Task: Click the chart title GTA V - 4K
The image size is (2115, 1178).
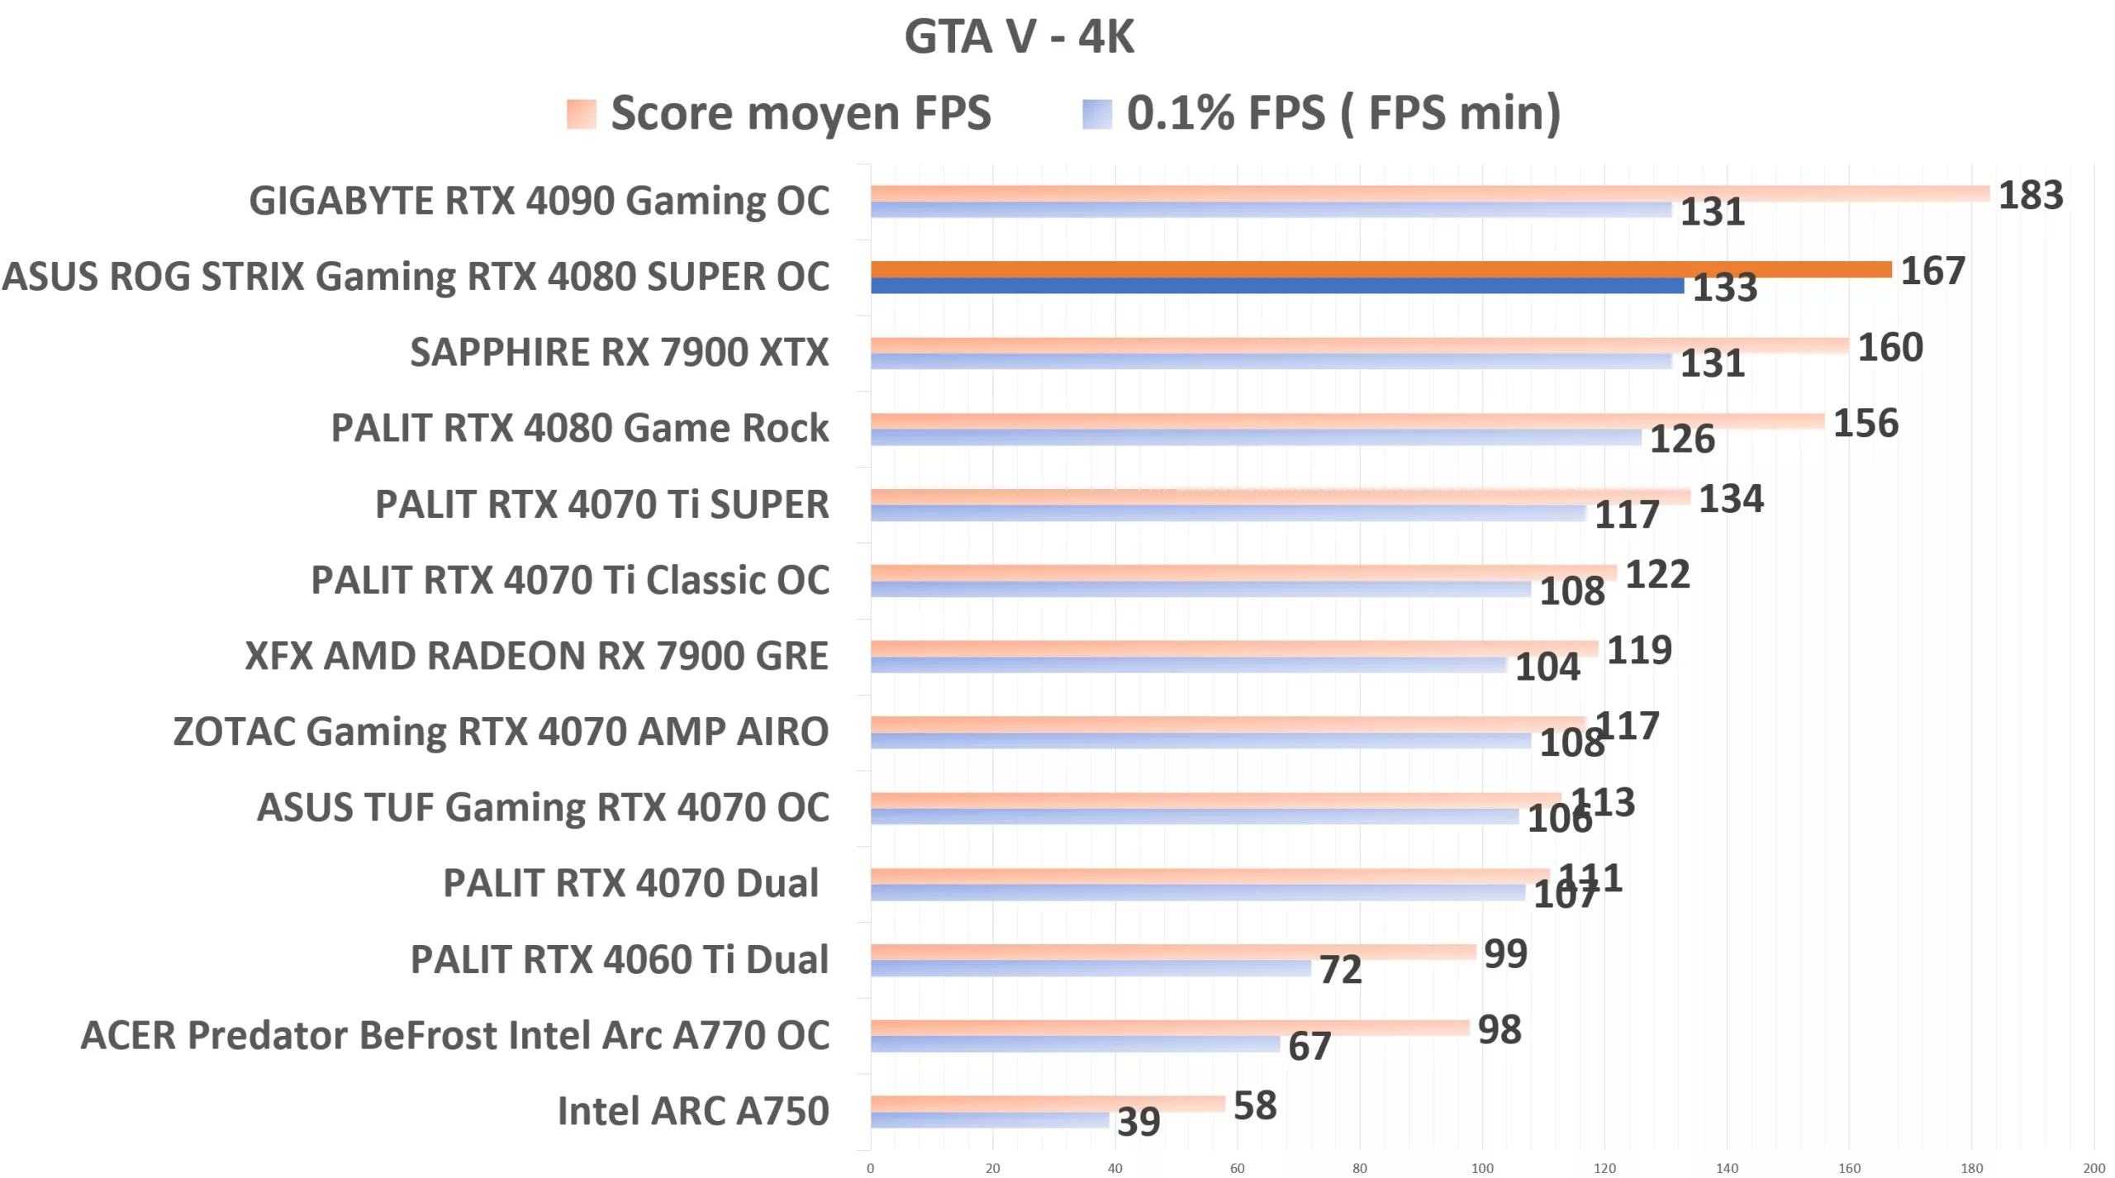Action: tap(1019, 37)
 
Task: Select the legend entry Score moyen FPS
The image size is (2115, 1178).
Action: tap(799, 113)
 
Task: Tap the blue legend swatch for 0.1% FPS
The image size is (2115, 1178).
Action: tap(1096, 114)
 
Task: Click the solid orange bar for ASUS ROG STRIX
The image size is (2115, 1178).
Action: tap(1380, 269)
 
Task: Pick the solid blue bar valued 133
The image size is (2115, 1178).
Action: tap(1276, 286)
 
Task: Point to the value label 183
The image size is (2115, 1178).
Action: tap(2030, 196)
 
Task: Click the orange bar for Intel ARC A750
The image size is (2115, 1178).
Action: tap(1047, 1104)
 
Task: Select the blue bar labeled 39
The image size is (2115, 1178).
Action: tap(989, 1120)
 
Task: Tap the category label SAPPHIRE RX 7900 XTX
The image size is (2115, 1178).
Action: tap(619, 353)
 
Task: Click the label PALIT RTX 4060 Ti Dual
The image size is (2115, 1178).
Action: tap(619, 960)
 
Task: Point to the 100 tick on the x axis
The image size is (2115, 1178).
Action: tap(1481, 1168)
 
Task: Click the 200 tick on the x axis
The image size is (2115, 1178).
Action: tap(2094, 1168)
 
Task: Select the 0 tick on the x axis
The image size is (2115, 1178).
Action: tap(870, 1168)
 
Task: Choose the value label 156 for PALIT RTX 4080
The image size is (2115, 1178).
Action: tap(1865, 424)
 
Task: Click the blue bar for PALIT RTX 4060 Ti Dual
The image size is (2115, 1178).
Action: tap(1091, 968)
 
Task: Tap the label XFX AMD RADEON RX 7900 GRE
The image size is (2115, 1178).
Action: tap(536, 657)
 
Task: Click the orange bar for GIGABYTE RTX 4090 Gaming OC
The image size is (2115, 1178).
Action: tap(1429, 193)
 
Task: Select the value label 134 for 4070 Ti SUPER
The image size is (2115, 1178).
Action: tap(1731, 499)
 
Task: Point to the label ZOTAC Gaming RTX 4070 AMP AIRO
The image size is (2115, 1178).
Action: tap(501, 732)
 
